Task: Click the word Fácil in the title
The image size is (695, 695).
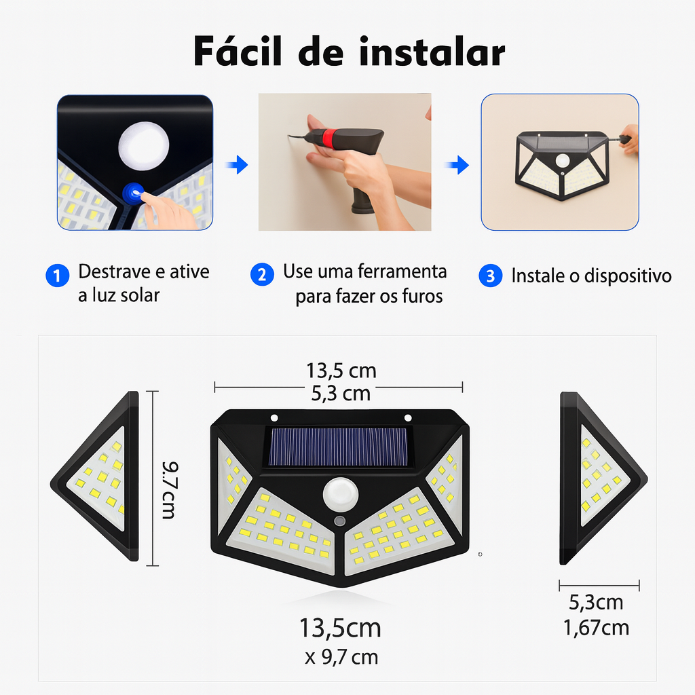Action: (x=238, y=51)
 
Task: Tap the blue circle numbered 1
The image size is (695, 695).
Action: (x=58, y=276)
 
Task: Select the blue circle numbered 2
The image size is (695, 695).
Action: (x=262, y=274)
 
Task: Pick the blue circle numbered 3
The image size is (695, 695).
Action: (x=490, y=276)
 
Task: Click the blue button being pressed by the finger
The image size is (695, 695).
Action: (x=132, y=193)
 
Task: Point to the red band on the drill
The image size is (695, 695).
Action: (x=328, y=138)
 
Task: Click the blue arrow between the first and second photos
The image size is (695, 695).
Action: (x=237, y=165)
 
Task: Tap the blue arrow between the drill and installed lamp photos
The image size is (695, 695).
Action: (x=457, y=165)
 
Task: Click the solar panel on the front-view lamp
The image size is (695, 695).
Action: (x=338, y=447)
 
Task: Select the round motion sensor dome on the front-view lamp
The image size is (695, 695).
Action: (x=341, y=494)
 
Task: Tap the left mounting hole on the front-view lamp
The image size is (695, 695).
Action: (x=274, y=417)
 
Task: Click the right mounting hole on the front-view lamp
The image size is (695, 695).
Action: (x=408, y=417)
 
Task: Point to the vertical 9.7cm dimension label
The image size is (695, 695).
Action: (x=170, y=490)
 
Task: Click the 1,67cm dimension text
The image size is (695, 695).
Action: (x=596, y=628)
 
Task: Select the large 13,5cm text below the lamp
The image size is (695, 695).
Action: (x=340, y=628)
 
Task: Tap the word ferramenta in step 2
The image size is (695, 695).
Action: (x=402, y=271)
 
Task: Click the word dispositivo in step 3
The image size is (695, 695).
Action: (x=628, y=276)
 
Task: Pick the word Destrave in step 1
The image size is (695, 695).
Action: (x=114, y=271)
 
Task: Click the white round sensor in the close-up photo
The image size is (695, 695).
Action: (x=144, y=145)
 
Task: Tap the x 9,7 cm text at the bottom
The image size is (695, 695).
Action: (x=341, y=657)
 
